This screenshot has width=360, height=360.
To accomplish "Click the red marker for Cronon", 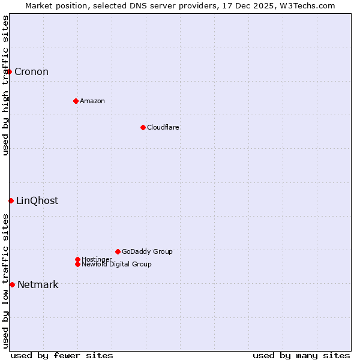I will [x=9, y=72].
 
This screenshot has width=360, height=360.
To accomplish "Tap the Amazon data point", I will [x=76, y=101].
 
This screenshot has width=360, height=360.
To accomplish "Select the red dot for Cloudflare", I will [x=143, y=127].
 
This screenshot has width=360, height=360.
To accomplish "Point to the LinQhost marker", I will [x=11, y=200].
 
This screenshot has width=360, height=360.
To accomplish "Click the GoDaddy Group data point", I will [x=118, y=251].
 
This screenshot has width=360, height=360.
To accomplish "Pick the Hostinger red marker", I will [x=77, y=259].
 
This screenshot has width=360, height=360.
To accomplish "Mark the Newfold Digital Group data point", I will [x=77, y=264].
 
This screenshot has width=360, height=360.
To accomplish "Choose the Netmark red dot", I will [x=12, y=284].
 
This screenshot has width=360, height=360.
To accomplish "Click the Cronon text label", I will [x=31, y=72].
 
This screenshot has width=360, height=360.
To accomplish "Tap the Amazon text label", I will [x=92, y=101].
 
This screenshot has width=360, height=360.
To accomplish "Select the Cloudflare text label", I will [x=163, y=127].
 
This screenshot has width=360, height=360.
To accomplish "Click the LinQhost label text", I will [x=37, y=200].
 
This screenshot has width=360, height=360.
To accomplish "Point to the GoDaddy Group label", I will [x=147, y=251].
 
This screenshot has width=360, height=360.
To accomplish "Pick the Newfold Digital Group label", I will [x=117, y=265].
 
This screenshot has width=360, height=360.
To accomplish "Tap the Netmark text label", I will [x=38, y=284].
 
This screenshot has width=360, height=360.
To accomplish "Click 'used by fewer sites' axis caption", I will [x=62, y=355].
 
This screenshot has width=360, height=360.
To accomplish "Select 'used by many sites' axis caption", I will [x=301, y=355].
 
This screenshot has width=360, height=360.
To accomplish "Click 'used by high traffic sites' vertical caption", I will [x=6, y=85].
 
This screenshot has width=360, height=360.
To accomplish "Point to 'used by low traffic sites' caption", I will [x=6, y=281].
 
